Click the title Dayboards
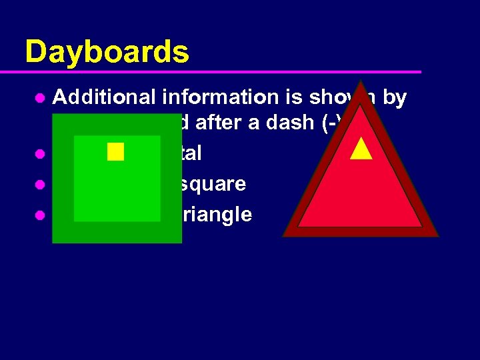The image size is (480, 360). pyautogui.click(x=107, y=51)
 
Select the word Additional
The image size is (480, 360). pyautogui.click(x=106, y=97)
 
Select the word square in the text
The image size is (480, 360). pyautogui.click(x=213, y=183)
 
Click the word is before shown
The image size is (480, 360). pyautogui.click(x=297, y=97)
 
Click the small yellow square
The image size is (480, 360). pyautogui.click(x=115, y=151)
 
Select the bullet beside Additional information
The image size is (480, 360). pyautogui.click(x=40, y=98)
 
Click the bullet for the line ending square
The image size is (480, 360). pyautogui.click(x=40, y=184)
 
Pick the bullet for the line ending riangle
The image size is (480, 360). pyautogui.click(x=40, y=215)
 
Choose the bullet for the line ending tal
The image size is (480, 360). pyautogui.click(x=40, y=153)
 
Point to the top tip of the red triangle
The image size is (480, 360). pyautogui.click(x=361, y=83)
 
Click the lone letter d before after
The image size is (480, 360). pyautogui.click(x=186, y=123)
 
